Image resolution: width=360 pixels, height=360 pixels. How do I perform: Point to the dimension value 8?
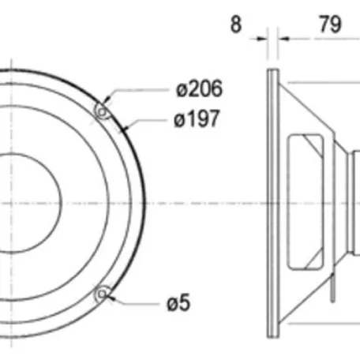[x=236, y=24]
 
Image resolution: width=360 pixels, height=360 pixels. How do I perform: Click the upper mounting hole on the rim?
[x=100, y=111]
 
